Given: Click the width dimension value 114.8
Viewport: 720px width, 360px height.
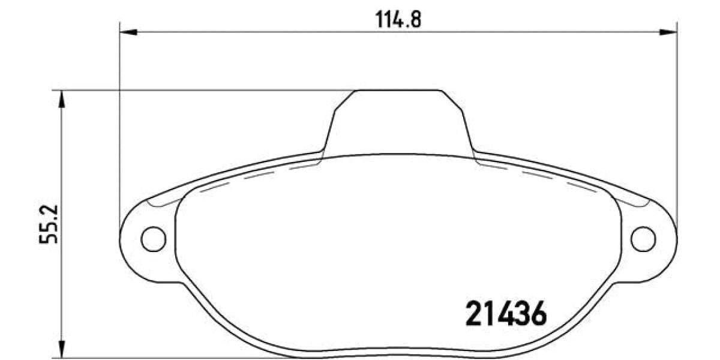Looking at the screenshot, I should click(398, 20).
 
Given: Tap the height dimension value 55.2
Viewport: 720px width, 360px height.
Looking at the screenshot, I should click(48, 223).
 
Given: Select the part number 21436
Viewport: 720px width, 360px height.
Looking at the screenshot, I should click(506, 314).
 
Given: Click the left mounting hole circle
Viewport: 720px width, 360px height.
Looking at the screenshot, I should click(152, 239).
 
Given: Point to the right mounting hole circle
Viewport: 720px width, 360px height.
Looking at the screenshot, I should click(643, 239).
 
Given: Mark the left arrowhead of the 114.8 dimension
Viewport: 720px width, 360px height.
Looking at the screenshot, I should click(128, 31).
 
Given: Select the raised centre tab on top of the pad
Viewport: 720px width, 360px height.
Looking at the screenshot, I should click(398, 120).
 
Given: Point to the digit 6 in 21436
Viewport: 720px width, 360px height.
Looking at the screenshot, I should click(538, 314).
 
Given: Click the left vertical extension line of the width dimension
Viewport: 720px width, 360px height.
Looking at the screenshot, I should click(120, 120).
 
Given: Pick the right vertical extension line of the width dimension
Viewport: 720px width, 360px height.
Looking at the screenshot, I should click(676, 120).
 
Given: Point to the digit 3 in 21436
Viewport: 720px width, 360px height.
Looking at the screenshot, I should click(522, 314).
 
